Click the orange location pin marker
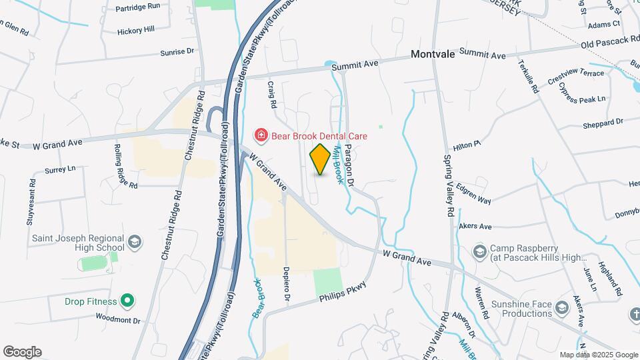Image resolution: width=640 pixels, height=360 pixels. [320, 159]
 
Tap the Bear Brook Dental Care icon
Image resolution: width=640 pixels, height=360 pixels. [261, 136]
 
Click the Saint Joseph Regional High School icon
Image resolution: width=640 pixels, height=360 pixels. [135, 241]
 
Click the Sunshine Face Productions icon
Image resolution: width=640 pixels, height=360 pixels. [562, 307]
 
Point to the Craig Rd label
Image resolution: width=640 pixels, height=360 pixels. [272, 95]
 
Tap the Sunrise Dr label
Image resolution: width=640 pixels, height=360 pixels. [177, 51]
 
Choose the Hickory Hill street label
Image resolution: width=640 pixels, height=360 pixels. [135, 30]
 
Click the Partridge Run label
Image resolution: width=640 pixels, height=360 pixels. [138, 6]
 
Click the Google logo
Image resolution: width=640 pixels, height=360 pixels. [22, 352]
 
